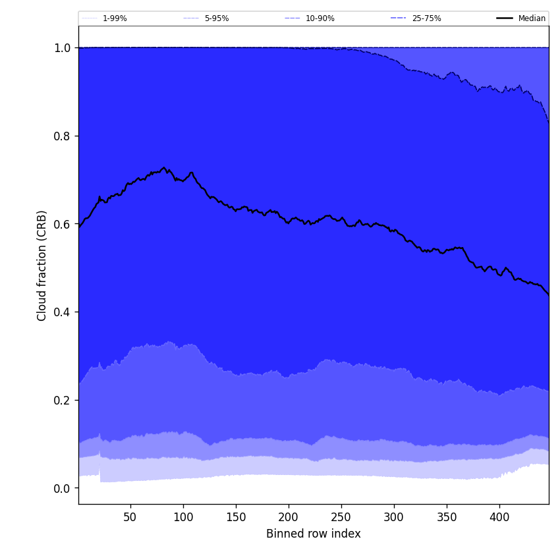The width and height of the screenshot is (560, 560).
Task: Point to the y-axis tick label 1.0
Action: [63, 48]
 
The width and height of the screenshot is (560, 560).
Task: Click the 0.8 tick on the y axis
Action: [63, 136]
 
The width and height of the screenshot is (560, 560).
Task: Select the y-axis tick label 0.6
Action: [63, 224]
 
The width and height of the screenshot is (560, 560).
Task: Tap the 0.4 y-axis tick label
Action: [63, 312]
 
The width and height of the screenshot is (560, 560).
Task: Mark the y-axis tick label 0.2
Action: [63, 401]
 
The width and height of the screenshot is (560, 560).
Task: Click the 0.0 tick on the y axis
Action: [63, 488]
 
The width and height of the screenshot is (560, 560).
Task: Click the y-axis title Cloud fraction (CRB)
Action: [42, 266]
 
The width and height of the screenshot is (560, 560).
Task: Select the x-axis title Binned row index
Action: [314, 534]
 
